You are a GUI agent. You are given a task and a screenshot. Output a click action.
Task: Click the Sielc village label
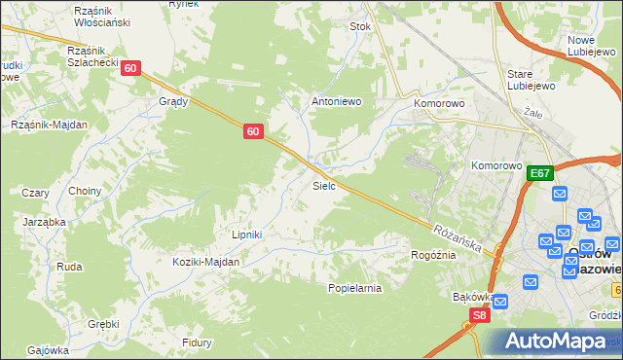click(324, 184)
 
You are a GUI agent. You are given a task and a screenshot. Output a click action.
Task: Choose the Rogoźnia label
click(434, 255)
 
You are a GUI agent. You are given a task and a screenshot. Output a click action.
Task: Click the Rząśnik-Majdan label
click(49, 125)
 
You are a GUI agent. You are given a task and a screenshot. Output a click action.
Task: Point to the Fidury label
click(198, 342)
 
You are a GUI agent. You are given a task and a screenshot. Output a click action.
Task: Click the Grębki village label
click(103, 324)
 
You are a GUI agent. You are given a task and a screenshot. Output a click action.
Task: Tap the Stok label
click(361, 27)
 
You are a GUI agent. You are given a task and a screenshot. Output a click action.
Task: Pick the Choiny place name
click(85, 191)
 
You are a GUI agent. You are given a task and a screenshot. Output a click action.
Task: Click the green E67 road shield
click(541, 173)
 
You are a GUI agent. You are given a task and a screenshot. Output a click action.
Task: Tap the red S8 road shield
click(479, 315)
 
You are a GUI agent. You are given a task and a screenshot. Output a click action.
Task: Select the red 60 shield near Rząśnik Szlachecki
click(132, 68)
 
